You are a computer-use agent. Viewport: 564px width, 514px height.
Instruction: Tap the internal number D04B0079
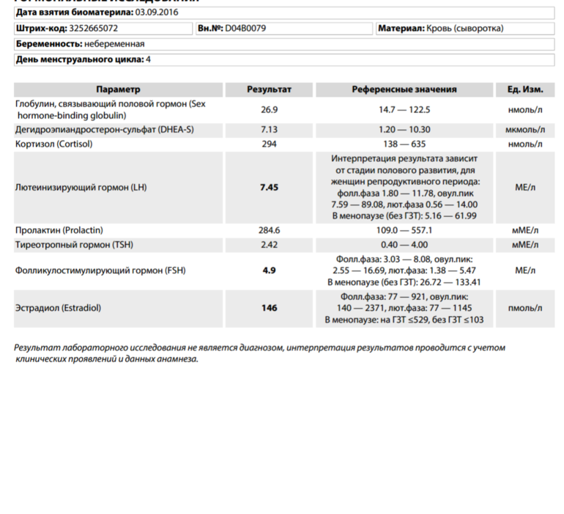246,28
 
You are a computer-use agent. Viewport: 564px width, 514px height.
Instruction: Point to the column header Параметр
117,89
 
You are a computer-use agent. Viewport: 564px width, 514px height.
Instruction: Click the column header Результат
269,89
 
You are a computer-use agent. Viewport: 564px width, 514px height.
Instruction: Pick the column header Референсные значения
404,89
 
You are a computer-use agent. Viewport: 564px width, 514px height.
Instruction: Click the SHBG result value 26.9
269,110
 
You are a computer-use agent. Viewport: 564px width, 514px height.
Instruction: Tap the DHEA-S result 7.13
269,130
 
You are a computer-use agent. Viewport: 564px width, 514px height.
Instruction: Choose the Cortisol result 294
269,144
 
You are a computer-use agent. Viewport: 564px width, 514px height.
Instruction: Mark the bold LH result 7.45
269,187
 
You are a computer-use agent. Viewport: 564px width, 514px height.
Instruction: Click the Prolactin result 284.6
269,230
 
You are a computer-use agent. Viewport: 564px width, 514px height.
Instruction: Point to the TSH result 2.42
269,244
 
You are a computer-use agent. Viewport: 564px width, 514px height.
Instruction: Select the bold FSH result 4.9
269,271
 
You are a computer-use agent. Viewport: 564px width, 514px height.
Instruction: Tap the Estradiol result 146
269,308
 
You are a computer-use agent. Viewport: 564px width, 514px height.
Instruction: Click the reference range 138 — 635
404,144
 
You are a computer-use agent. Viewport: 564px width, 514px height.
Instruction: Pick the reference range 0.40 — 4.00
404,244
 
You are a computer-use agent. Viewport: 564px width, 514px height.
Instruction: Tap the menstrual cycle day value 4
149,59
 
